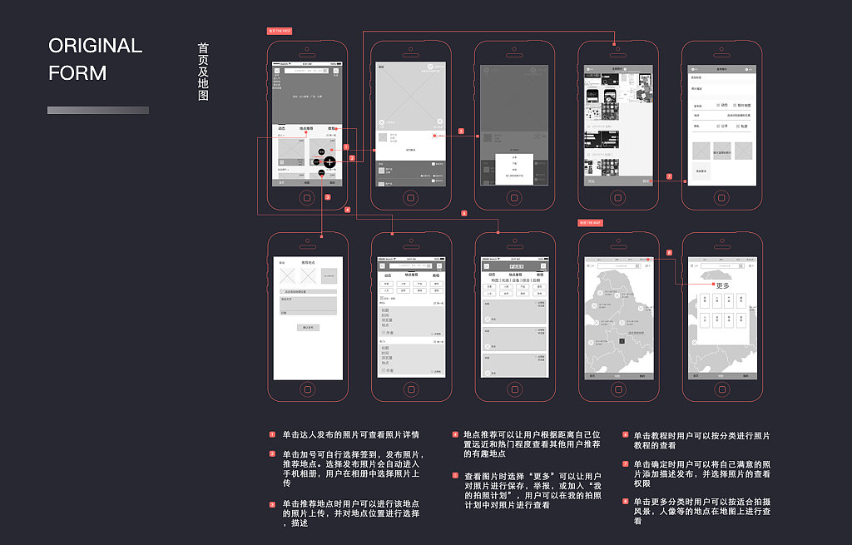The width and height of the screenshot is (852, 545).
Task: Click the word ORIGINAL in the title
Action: [x=95, y=46]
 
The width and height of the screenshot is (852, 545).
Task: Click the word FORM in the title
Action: [x=77, y=73]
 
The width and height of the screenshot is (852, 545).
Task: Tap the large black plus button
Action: [x=329, y=161]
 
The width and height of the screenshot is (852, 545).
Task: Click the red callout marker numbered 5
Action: [x=461, y=131]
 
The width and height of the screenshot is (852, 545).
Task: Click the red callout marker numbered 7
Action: [x=669, y=176]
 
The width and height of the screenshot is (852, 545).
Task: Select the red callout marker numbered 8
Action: [x=669, y=252]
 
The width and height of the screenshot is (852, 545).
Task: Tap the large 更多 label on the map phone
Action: [x=721, y=285]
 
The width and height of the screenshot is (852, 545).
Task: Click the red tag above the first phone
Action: [x=279, y=31]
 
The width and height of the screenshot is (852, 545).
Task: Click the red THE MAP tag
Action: [x=590, y=223]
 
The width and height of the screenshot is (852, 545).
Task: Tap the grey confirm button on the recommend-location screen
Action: [x=308, y=327]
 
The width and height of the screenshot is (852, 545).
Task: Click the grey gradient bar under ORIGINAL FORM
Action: [x=98, y=110]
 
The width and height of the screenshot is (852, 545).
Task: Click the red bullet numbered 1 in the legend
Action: [x=271, y=434]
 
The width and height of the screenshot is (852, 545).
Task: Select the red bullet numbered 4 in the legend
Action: [x=455, y=434]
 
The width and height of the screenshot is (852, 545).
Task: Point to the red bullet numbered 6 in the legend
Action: [x=626, y=434]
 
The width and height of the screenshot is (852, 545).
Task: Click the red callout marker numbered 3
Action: [x=328, y=197]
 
